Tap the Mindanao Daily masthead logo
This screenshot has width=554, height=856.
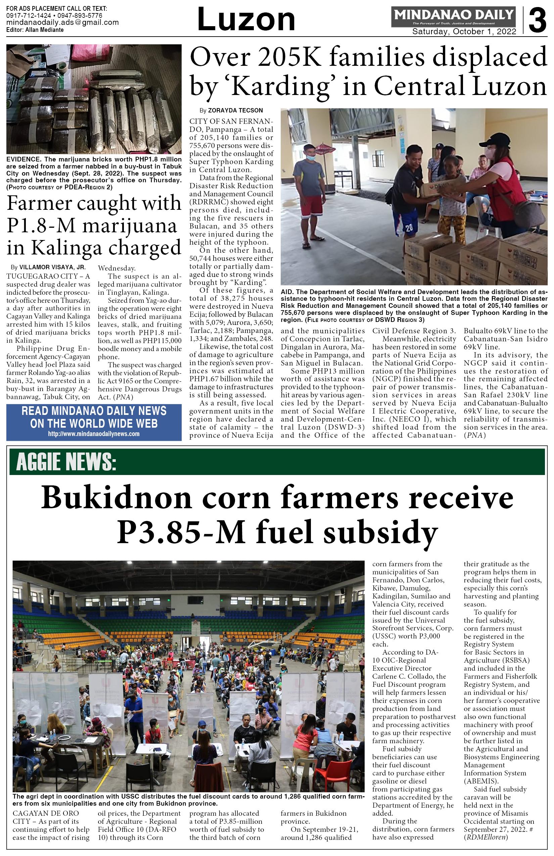[454, 16]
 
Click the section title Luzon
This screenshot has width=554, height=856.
[246, 20]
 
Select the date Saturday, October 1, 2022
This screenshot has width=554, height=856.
[464, 32]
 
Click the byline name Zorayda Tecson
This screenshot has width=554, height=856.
[235, 110]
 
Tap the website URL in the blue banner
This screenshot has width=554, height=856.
[94, 434]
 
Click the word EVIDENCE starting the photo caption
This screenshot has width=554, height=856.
[23, 159]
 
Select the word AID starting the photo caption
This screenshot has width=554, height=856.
[287, 292]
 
